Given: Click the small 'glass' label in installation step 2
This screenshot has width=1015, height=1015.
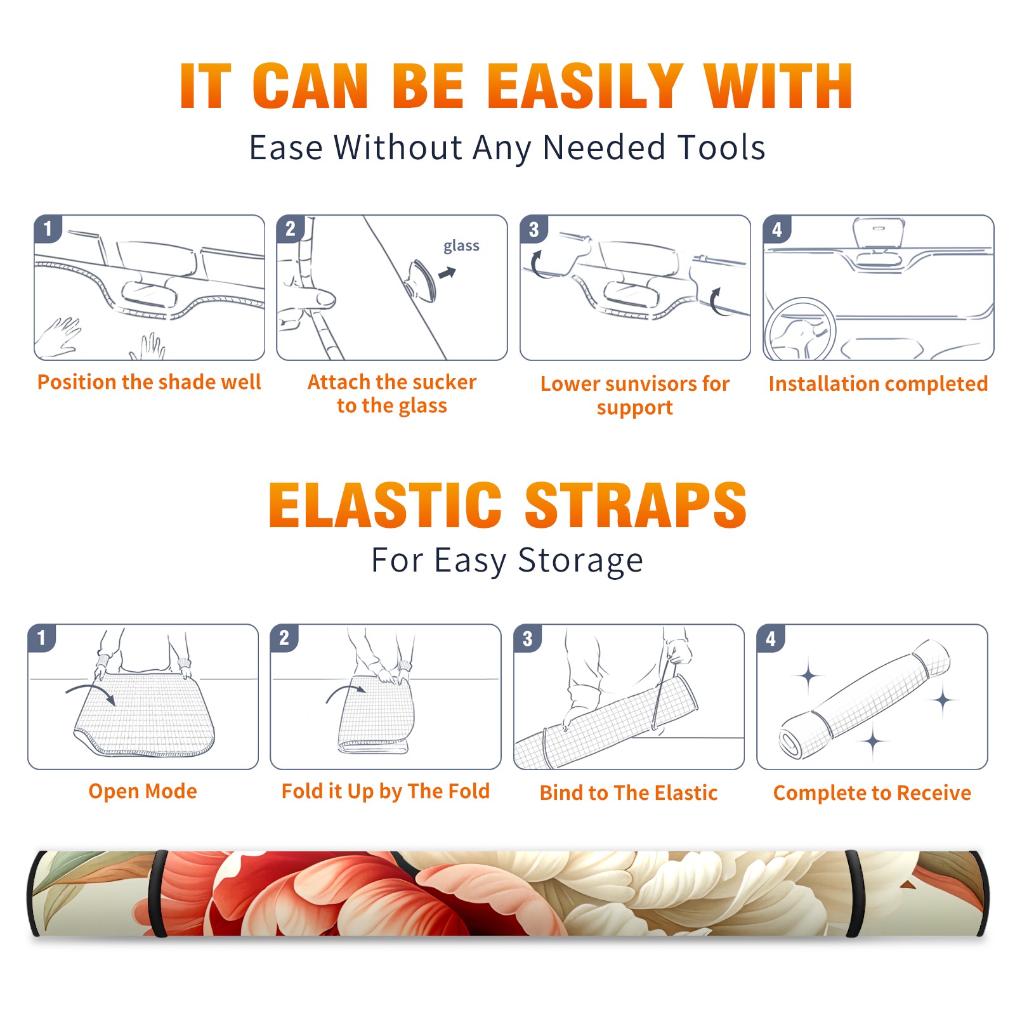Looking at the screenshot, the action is pyautogui.click(x=461, y=246).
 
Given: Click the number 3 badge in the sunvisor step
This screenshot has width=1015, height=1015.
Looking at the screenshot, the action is pyautogui.click(x=534, y=229).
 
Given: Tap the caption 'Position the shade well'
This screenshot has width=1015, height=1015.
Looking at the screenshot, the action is pyautogui.click(x=149, y=382).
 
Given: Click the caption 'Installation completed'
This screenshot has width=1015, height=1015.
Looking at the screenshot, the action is pyautogui.click(x=878, y=384).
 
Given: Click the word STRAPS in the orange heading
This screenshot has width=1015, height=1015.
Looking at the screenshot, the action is pyautogui.click(x=636, y=505).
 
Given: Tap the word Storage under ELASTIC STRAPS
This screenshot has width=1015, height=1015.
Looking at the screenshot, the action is pyautogui.click(x=580, y=561).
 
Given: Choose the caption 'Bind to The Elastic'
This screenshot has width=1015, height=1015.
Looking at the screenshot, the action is pyautogui.click(x=629, y=793).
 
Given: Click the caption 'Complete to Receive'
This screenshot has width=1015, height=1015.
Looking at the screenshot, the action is pyautogui.click(x=872, y=793).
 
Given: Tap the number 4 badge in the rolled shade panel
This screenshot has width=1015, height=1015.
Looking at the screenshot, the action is pyautogui.click(x=771, y=638).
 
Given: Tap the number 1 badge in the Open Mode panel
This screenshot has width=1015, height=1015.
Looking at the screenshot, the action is pyautogui.click(x=42, y=638).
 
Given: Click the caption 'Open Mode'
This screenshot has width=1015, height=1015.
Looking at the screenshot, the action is pyautogui.click(x=143, y=791).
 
